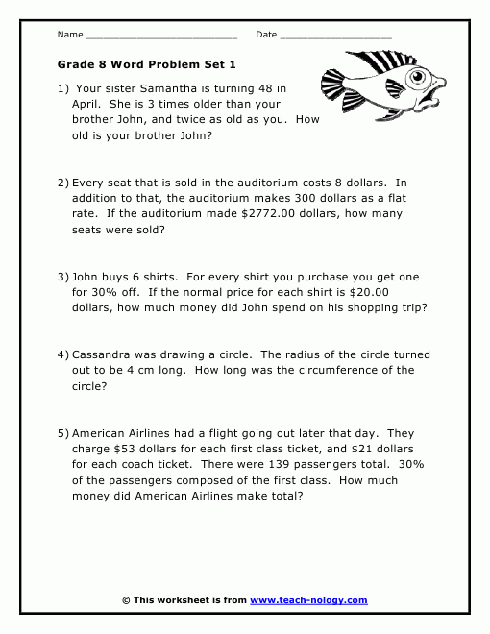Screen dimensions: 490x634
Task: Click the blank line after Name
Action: coord(161,36)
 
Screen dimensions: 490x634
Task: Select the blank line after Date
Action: coord(336,36)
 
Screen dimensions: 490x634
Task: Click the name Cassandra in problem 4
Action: coord(105,354)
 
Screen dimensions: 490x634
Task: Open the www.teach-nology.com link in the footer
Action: coord(308,600)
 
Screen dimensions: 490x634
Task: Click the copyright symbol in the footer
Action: coord(126,600)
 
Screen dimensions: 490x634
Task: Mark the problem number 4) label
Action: coord(63,354)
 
